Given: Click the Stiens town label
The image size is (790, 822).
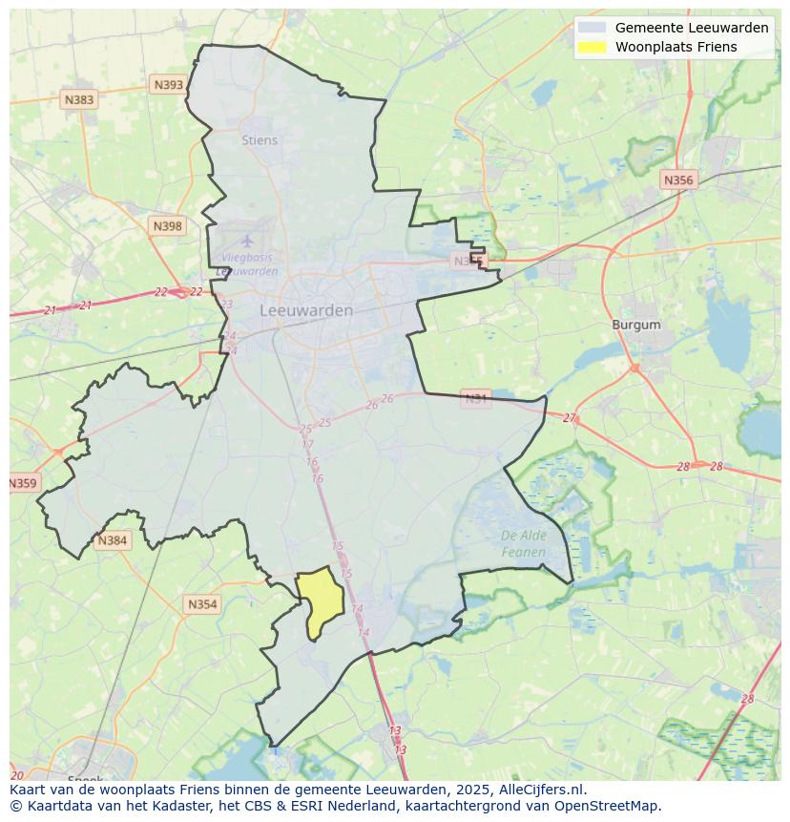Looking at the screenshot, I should point(260,140).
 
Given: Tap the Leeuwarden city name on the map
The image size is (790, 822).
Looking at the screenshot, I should point(306,310).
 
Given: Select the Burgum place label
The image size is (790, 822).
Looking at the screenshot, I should point(635,325).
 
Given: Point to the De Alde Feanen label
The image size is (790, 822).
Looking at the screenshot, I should point(524,544).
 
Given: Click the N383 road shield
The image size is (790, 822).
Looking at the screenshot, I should point(79,99).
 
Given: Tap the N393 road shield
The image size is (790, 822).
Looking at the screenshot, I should point(168,85).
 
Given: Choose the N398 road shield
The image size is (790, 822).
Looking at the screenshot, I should point(167,226).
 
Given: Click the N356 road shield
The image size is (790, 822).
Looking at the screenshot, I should point(678,179).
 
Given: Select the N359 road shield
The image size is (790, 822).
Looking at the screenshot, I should point(23,483).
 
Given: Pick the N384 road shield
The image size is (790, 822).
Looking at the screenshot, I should point(112,540).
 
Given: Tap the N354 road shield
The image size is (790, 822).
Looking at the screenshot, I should point(202,604).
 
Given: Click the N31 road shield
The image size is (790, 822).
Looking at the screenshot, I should point(475,398).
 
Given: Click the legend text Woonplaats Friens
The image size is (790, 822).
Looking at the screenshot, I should point(676,47).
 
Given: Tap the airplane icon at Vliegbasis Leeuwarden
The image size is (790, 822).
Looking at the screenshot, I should point(247,241).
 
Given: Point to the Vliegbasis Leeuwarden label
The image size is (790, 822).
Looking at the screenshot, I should point(247,264).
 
